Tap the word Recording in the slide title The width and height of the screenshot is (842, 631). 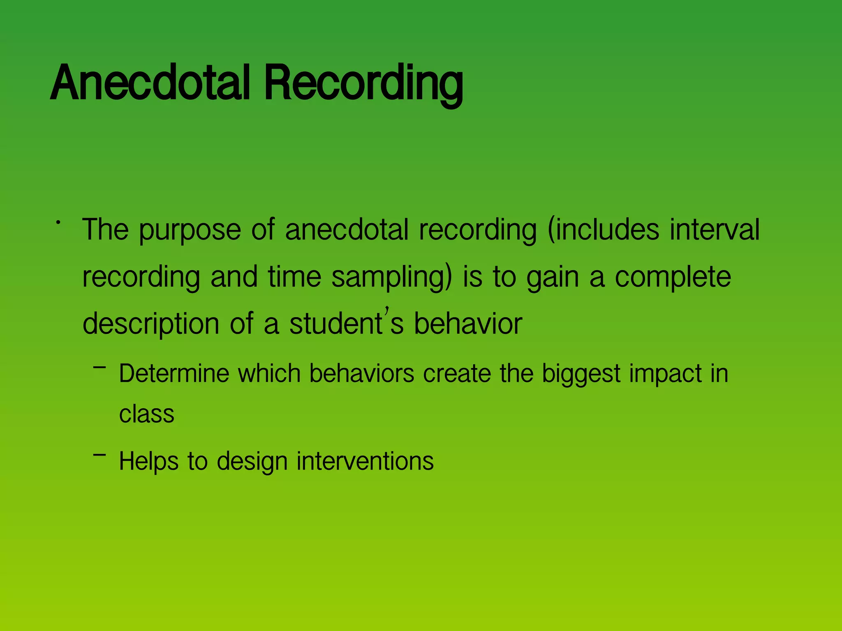pyautogui.click(x=364, y=84)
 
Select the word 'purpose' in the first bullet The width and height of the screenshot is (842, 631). pyautogui.click(x=190, y=230)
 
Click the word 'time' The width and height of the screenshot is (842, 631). pyautogui.click(x=294, y=276)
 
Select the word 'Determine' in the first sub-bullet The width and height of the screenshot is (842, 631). pyautogui.click(x=174, y=373)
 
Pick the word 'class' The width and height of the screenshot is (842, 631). pyautogui.click(x=147, y=414)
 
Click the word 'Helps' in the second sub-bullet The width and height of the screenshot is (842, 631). pyautogui.click(x=149, y=461)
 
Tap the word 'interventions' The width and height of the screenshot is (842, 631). pyautogui.click(x=365, y=461)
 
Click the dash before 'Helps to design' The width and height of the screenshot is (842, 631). pyautogui.click(x=99, y=454)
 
